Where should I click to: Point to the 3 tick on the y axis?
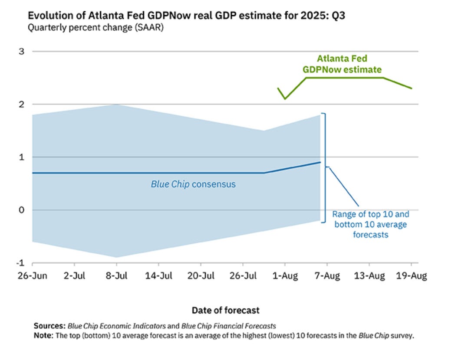22,52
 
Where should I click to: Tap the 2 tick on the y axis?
22,105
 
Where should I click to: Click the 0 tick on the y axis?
22,210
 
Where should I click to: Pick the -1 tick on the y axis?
20,263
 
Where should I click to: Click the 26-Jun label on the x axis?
33,276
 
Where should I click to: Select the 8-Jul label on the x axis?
116,276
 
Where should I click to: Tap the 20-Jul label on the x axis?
200,276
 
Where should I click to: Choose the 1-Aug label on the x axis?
285,276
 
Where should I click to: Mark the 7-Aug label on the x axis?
327,276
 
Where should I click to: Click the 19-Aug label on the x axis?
411,276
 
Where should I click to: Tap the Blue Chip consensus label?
193,184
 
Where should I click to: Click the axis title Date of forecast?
225,310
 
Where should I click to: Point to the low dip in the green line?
285,99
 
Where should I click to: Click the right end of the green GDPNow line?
411,88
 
